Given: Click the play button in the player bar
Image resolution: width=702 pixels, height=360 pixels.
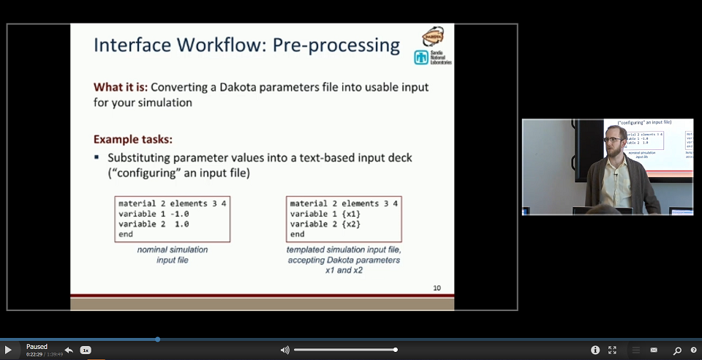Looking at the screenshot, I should [x=8, y=350].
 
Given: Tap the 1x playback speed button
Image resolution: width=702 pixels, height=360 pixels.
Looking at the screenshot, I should [x=86, y=350].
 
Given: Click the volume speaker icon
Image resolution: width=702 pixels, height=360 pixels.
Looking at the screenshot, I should [x=284, y=350].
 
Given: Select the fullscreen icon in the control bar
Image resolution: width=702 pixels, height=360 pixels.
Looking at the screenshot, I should [x=612, y=350].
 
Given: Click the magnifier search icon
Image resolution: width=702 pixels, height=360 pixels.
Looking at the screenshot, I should [x=677, y=350].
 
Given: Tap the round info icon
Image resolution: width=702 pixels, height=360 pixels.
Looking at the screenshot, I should [x=595, y=350].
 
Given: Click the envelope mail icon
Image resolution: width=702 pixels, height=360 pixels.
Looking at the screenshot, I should [x=654, y=350].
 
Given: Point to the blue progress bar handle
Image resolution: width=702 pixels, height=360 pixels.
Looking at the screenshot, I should [x=157, y=339].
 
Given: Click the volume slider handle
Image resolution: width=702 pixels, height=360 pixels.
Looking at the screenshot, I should [x=395, y=350].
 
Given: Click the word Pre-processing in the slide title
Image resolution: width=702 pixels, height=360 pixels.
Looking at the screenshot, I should [x=336, y=45].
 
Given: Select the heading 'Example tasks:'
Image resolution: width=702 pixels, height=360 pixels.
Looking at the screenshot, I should [x=132, y=139].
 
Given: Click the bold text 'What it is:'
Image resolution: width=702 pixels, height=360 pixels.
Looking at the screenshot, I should [x=120, y=87].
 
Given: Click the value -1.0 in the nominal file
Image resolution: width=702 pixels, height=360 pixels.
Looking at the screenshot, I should [x=177, y=214].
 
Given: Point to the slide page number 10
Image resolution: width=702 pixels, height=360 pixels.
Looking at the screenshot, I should [x=437, y=288].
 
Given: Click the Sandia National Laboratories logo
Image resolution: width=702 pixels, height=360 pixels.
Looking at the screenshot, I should [x=432, y=57].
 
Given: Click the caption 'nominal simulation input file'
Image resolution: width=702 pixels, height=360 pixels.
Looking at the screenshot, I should [x=172, y=255].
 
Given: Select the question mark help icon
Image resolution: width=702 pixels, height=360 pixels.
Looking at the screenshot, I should [x=693, y=350].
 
